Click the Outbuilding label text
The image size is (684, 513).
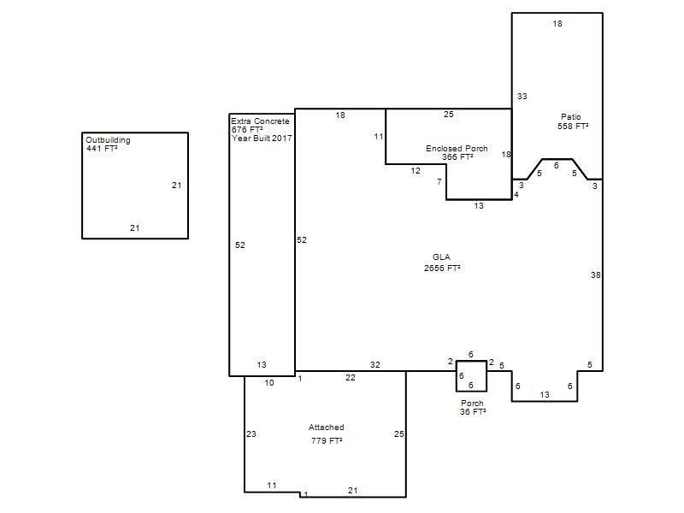[x=108, y=140]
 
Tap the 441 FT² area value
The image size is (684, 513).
[x=102, y=148]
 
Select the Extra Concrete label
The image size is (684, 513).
[x=260, y=121]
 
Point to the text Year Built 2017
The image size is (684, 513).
[x=262, y=139]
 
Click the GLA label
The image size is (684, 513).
[x=441, y=257]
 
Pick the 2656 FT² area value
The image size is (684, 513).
[x=442, y=268]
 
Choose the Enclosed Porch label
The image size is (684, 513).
[x=457, y=148]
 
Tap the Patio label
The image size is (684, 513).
[x=571, y=117]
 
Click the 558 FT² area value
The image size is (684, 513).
[x=573, y=126]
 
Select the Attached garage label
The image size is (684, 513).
[x=327, y=427]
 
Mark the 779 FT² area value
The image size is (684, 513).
[x=327, y=440]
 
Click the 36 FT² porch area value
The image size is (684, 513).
[x=473, y=412]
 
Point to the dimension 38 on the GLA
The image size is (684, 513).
[x=595, y=274]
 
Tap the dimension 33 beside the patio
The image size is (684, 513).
[x=522, y=97]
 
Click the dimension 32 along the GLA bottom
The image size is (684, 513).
[x=375, y=365]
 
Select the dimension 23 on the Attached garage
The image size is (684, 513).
[x=251, y=434]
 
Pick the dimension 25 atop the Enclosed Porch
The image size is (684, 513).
[x=449, y=115]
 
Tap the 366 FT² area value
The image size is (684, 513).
[x=457, y=157]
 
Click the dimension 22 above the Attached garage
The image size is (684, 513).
[x=351, y=378]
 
